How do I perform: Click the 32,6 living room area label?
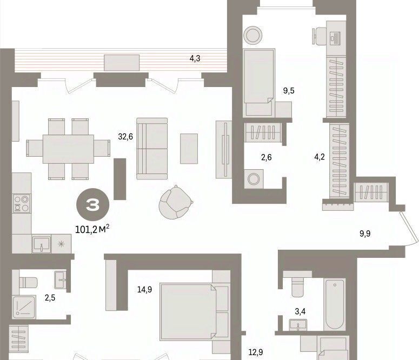(125, 137)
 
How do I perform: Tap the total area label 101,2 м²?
(92, 229)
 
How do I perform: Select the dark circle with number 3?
(93, 204)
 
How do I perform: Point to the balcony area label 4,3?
(195, 58)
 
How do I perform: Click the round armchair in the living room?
(176, 202)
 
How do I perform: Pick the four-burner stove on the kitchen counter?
(22, 204)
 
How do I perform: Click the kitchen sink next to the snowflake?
(42, 244)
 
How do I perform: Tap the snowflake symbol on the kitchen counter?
(61, 244)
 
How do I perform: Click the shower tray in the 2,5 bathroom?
(24, 307)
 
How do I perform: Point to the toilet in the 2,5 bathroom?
(28, 283)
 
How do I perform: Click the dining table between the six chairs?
(68, 149)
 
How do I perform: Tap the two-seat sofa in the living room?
(152, 149)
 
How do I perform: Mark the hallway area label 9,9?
(365, 234)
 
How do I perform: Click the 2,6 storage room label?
(267, 157)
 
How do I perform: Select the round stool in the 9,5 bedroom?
(252, 35)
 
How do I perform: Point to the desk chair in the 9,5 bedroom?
(320, 36)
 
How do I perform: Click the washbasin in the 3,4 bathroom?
(298, 325)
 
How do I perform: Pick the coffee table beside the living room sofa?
(189, 149)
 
